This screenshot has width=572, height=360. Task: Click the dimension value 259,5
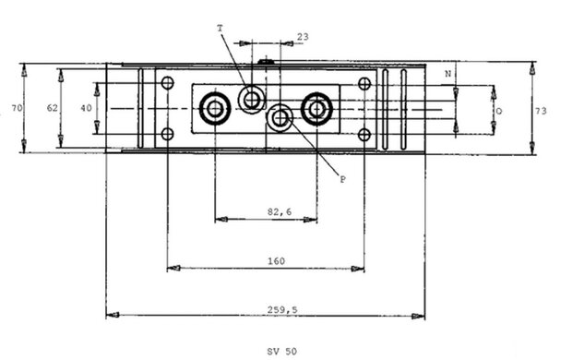(x=282, y=310)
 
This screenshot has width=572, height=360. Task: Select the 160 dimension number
(x=276, y=261)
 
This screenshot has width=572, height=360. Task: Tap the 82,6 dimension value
(x=280, y=211)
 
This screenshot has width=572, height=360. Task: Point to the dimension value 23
(x=303, y=37)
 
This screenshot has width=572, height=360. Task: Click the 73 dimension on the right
(x=541, y=111)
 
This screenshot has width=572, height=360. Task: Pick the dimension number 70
(x=17, y=108)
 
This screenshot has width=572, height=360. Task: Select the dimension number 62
(x=53, y=108)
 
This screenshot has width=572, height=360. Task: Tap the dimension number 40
(x=86, y=108)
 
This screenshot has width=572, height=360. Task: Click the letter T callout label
(x=220, y=28)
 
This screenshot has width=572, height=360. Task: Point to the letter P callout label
(x=343, y=179)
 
